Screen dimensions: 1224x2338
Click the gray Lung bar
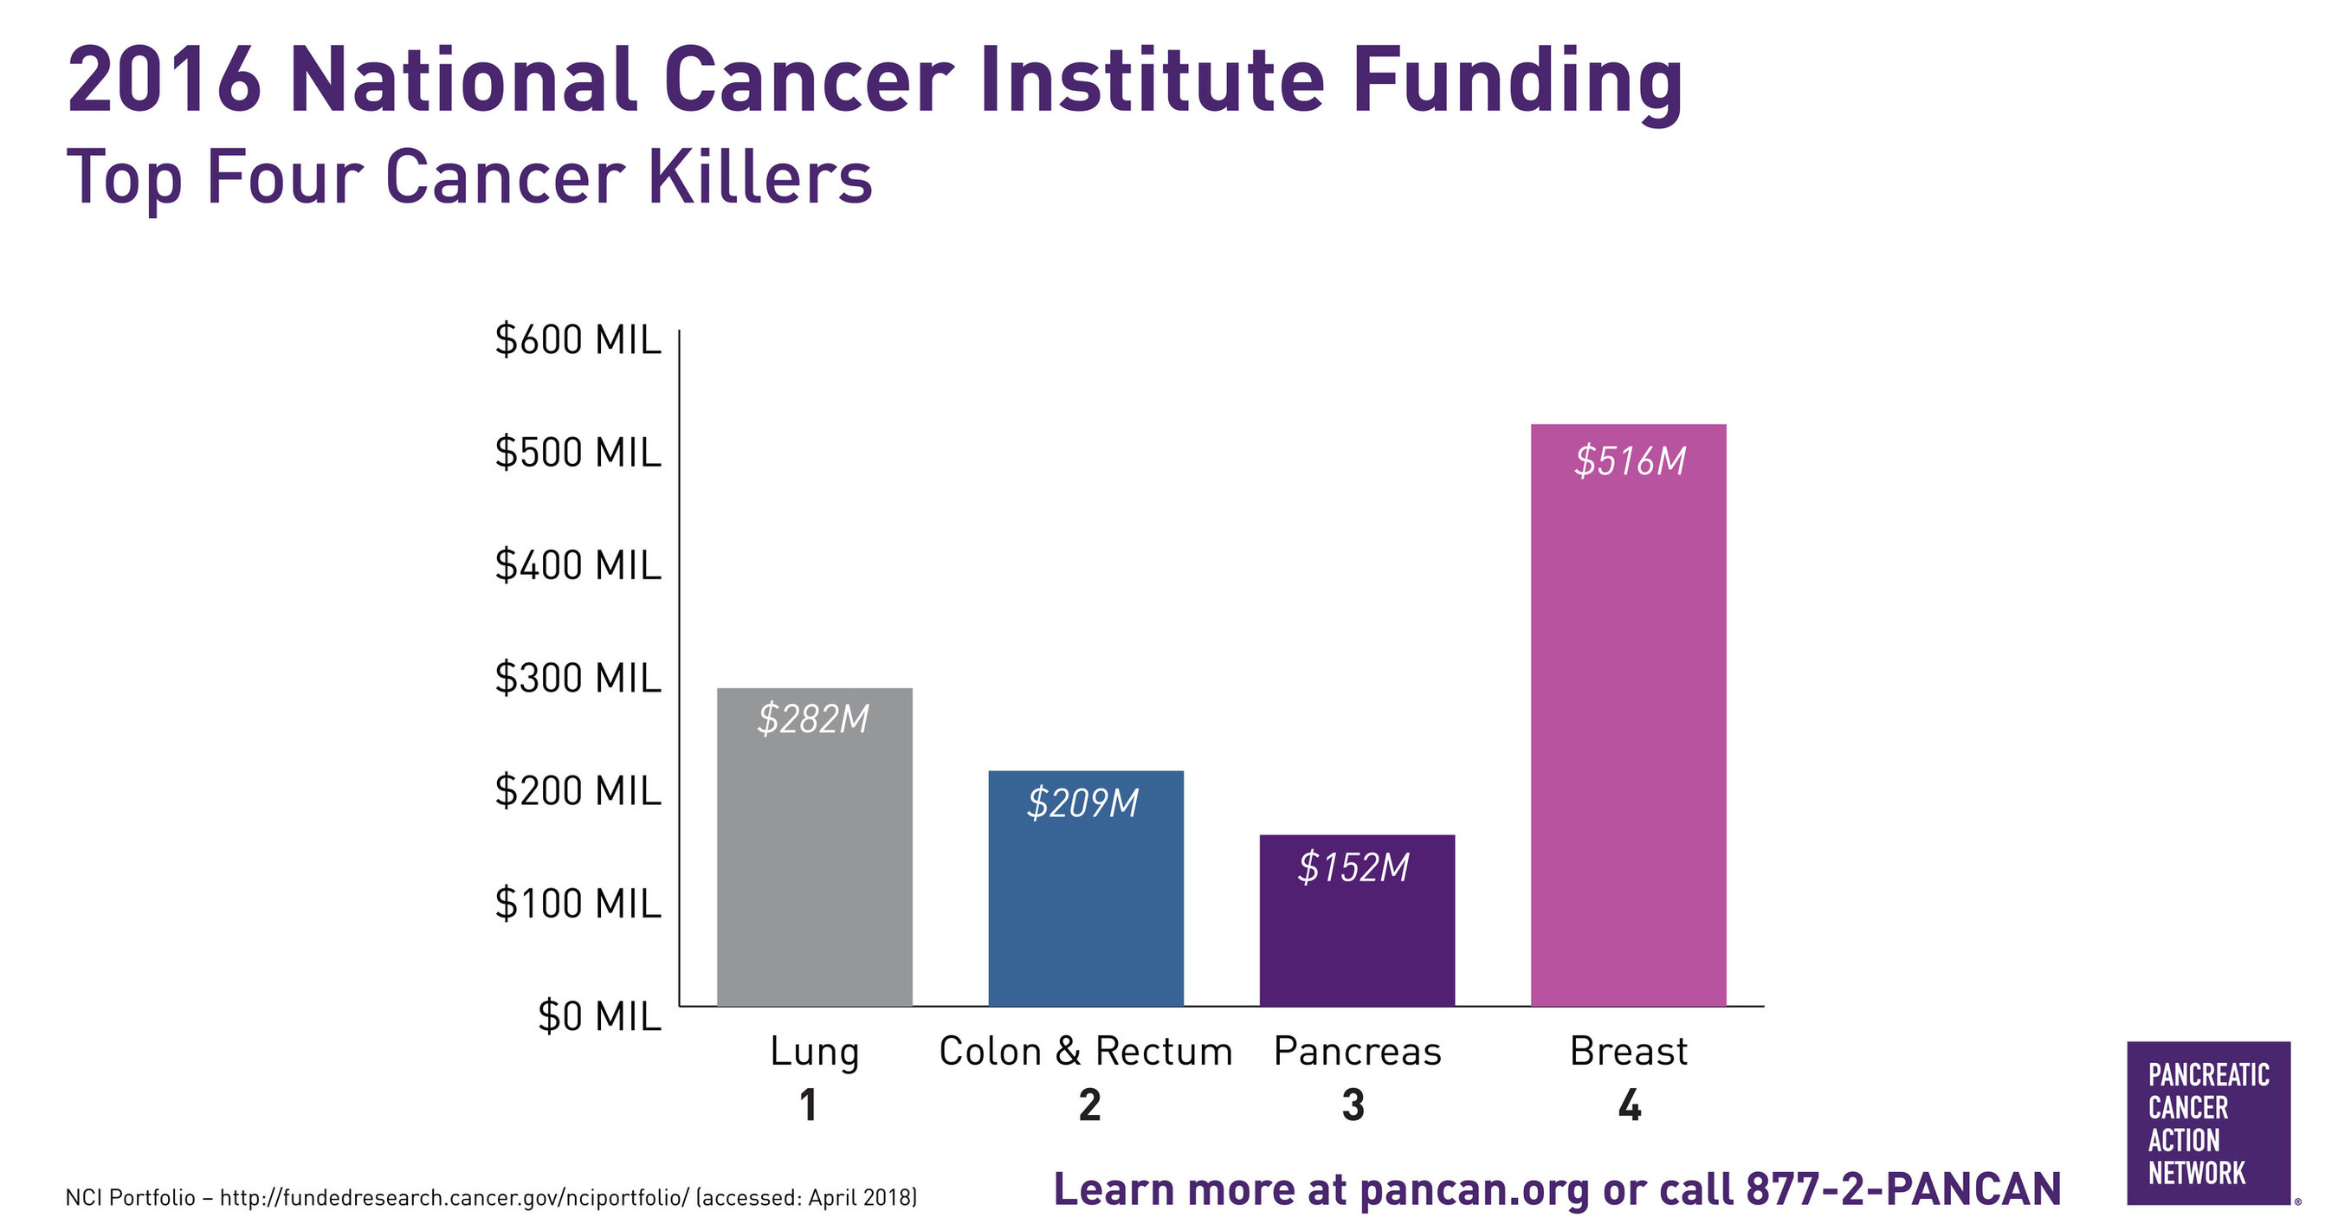click(814, 862)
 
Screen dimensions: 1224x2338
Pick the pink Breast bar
click(1628, 726)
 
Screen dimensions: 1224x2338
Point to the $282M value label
click(813, 719)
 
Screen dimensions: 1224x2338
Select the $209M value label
click(1082, 804)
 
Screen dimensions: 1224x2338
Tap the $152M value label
click(1353, 868)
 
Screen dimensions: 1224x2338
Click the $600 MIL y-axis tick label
click(578, 340)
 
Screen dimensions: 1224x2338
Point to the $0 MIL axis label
click(599, 1016)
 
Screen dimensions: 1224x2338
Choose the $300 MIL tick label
click(578, 679)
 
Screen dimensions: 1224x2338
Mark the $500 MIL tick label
click(578, 453)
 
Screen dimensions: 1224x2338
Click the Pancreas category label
click(1357, 1052)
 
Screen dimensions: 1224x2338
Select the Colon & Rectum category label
click(1086, 1052)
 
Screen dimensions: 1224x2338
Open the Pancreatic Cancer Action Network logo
click(2208, 1124)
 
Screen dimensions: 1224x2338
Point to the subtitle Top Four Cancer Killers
click(469, 177)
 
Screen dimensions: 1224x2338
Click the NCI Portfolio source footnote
click(491, 1198)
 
